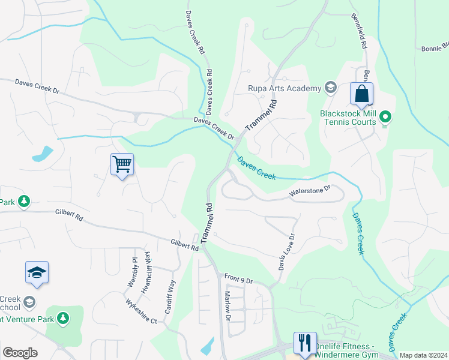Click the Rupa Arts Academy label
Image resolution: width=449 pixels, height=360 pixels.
pyautogui.click(x=285, y=89)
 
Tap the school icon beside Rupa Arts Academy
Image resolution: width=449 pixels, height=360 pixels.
pyautogui.click(x=330, y=88)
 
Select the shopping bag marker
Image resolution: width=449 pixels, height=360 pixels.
pyautogui.click(x=361, y=94)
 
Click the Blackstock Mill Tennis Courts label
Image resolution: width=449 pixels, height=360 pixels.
pyautogui.click(x=348, y=117)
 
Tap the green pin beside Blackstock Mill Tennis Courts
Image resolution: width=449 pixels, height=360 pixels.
pyautogui.click(x=386, y=117)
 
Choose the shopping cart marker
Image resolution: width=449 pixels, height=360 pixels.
pyautogui.click(x=122, y=163)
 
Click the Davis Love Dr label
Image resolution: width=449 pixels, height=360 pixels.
pyautogui.click(x=286, y=252)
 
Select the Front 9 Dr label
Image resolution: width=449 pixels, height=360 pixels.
pyautogui.click(x=240, y=279)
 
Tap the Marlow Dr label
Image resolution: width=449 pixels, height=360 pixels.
pyautogui.click(x=228, y=306)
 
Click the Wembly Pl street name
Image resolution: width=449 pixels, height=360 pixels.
pyautogui.click(x=134, y=272)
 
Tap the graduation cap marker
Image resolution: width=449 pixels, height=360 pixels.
pyautogui.click(x=37, y=273)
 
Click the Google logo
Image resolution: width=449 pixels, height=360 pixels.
pyautogui.click(x=20, y=353)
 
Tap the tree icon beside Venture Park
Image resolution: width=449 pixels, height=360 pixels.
pyautogui.click(x=62, y=317)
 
